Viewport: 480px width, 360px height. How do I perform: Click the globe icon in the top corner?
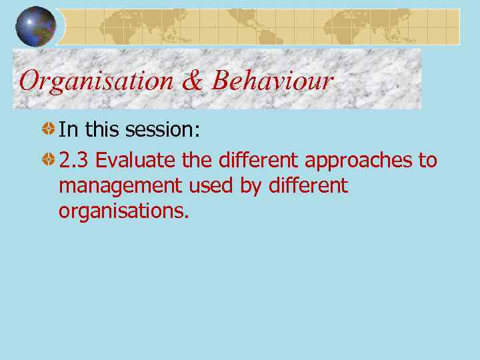point(36,27)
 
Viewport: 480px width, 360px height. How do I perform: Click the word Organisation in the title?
point(95,81)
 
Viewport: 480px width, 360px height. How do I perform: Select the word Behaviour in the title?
point(272,81)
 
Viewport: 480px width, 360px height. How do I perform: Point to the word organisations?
point(124,211)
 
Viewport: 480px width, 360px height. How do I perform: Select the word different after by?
point(309,185)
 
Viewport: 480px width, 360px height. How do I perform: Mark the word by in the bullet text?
point(251,186)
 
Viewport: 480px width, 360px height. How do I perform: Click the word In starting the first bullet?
point(67,129)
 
